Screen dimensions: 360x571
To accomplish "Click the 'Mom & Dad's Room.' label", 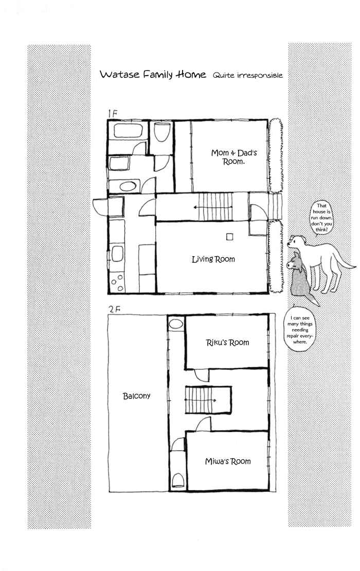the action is coord(234,157).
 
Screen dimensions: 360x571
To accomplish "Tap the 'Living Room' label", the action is coord(213,259).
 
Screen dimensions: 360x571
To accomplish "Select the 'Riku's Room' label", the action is coord(227,343).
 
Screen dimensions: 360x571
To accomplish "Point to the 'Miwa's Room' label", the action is coord(228,461).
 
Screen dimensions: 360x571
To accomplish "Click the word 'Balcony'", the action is coord(136,396).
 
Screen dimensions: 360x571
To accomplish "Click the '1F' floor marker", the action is coord(112,113).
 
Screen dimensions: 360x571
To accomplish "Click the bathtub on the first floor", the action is coord(128,130).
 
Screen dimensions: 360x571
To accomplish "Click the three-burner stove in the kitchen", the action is coord(117,282).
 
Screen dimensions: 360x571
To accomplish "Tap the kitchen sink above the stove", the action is coord(117,254).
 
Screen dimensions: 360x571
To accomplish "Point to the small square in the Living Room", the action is coord(230,237).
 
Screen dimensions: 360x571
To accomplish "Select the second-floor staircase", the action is coord(208,400).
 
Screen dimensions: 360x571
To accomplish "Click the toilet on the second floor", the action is coord(178,480).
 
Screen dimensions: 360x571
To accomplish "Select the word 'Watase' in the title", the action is coord(120,75).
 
